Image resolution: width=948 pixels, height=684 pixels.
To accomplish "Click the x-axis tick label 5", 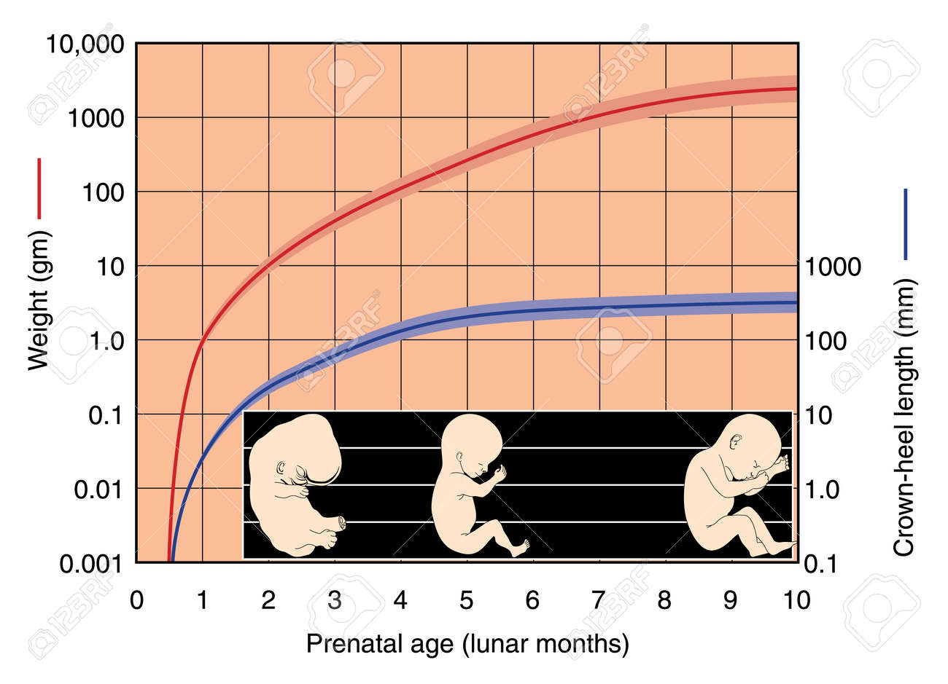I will (467, 600).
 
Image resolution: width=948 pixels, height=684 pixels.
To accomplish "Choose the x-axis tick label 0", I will (136, 600).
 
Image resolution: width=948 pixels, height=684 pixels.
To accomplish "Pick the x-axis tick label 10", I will (796, 600).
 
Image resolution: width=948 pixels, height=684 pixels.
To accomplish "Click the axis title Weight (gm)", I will (39, 300).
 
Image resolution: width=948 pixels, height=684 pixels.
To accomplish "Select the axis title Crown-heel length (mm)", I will (904, 417).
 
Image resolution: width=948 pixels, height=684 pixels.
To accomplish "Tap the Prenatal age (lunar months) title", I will (467, 644).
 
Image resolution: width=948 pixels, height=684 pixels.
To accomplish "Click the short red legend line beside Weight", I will (39, 188).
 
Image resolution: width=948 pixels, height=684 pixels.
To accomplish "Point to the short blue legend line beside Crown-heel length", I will (905, 224).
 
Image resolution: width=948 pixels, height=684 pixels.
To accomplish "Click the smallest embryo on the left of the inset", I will (295, 484).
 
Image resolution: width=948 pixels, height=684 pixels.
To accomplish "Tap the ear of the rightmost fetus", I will (736, 441).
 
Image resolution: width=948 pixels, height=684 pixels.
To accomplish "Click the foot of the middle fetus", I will (519, 548).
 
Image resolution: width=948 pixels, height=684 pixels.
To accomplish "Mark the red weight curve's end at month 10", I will (796, 89).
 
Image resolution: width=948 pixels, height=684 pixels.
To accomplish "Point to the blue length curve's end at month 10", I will (796, 302).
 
